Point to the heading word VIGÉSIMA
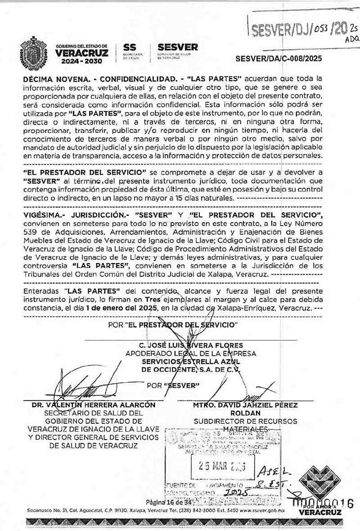pyautogui.click(x=42, y=215)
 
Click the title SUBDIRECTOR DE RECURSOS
pyautogui.click(x=245, y=421)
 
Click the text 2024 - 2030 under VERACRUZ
pyautogui.click(x=82, y=61)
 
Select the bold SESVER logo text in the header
pyautogui.click(x=178, y=47)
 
